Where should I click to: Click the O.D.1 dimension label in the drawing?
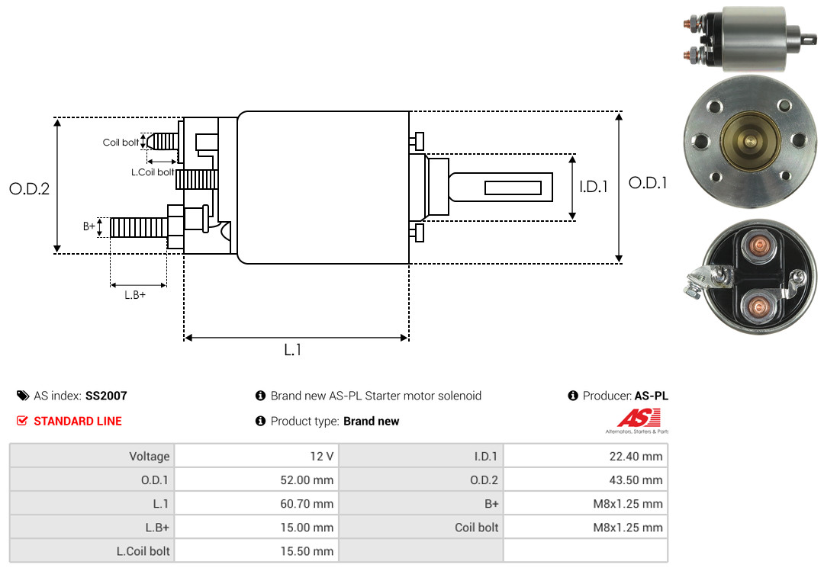coord(648,183)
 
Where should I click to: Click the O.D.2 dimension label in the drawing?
coord(29,188)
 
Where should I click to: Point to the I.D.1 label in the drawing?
coord(594,187)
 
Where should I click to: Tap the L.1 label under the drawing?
coord(293,350)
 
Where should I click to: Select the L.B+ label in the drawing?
coord(135,295)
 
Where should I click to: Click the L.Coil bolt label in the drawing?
coord(153,172)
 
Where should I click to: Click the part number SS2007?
coord(106,396)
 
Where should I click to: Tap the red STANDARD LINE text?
coord(77,421)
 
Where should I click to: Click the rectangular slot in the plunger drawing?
coord(513,188)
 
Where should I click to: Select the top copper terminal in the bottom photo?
coord(758,245)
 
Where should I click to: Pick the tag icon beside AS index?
coord(22,396)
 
